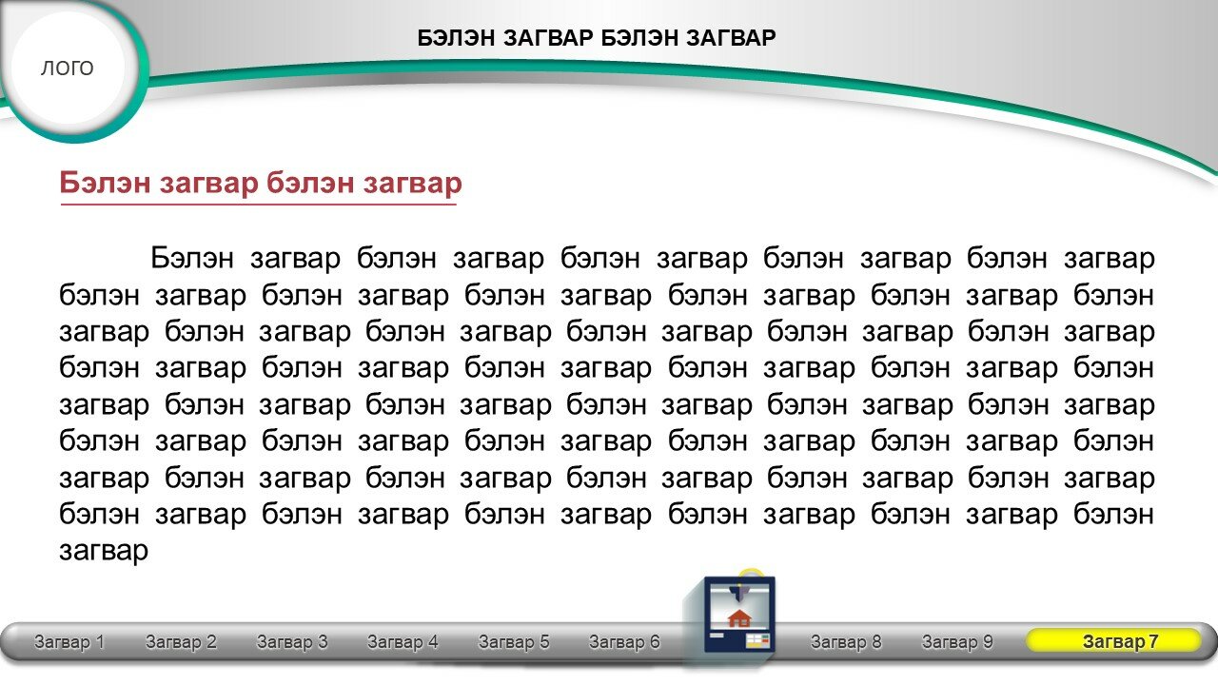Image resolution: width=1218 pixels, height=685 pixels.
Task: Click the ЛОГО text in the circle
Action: [68, 68]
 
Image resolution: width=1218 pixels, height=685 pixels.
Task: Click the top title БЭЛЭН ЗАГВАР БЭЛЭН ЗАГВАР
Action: [597, 38]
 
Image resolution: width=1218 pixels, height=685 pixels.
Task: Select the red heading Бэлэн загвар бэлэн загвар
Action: [261, 183]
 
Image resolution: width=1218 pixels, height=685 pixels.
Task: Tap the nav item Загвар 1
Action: [69, 642]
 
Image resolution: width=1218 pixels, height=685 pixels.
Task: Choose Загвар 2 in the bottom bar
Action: [181, 642]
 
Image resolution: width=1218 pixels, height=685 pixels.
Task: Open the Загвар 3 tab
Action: [292, 642]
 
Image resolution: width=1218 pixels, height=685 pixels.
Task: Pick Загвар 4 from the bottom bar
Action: [403, 642]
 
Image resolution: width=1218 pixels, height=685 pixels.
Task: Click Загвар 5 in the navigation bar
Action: [514, 642]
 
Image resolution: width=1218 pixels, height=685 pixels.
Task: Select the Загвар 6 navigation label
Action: [625, 642]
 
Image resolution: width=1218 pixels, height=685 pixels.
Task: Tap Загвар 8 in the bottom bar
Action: [846, 642]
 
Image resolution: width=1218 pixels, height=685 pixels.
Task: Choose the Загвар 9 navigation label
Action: [957, 642]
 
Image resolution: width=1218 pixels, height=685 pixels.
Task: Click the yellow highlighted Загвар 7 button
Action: [1113, 641]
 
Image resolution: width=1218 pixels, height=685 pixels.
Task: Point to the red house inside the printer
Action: [739, 618]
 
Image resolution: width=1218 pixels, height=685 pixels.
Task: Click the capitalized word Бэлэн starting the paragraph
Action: [192, 258]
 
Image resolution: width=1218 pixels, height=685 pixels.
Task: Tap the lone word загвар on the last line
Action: [104, 551]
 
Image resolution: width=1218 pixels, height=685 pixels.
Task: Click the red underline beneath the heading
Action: [258, 205]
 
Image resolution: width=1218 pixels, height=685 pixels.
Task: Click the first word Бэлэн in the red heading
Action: [105, 183]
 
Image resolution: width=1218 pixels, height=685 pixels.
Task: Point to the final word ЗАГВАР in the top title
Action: [731, 38]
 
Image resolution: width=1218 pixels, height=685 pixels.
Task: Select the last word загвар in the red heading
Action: [413, 184]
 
